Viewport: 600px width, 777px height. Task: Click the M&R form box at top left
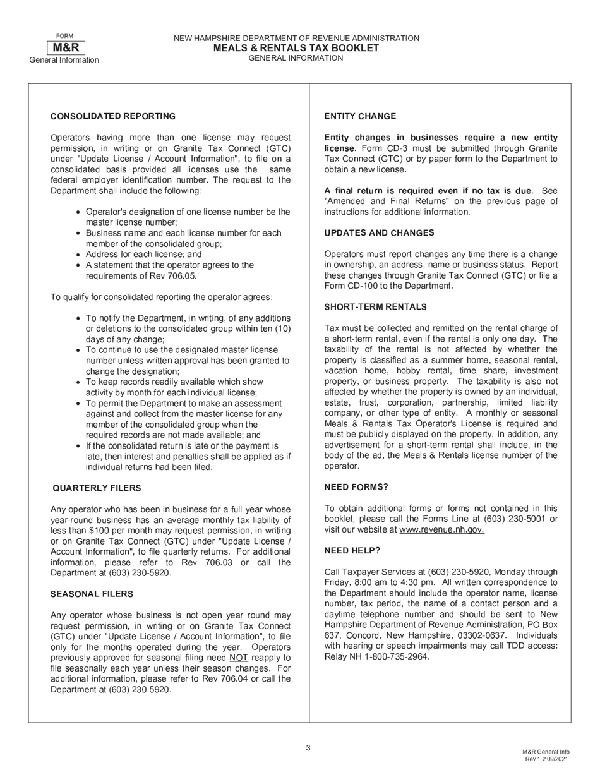65,47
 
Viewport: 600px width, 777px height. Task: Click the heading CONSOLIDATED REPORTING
113,116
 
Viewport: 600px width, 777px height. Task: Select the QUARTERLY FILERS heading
97,488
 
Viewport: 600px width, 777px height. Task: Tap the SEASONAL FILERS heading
92,594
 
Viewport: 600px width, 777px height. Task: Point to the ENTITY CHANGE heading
360,116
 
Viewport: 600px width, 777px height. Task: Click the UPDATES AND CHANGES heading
379,233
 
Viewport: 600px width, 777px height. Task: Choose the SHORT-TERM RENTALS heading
375,307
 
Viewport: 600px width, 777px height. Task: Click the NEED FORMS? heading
356,487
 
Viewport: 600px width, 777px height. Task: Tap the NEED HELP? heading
352,551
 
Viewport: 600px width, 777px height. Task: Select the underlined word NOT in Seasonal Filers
238,658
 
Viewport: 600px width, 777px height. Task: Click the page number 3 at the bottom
308,749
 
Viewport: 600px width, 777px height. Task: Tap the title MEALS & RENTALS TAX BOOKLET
296,48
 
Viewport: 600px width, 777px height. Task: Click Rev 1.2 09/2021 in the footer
547,759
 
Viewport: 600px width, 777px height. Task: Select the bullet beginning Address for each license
143,255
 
